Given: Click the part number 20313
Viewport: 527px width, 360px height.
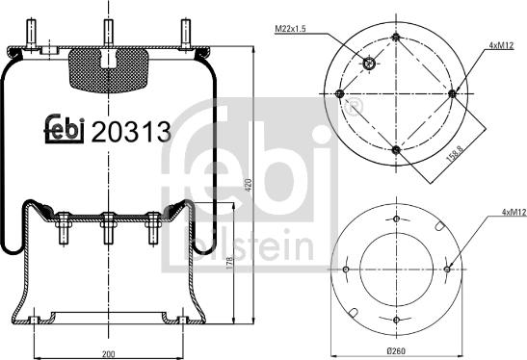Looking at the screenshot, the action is point(131,132).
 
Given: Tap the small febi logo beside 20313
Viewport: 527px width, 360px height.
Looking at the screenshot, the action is point(65,129).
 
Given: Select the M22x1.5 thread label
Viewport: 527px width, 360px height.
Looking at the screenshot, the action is point(290,29).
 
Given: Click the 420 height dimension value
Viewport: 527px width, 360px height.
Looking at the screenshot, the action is point(249,185).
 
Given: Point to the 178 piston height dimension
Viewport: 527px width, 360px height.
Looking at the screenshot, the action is point(229,263).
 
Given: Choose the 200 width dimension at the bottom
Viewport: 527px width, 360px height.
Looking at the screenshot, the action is point(108,354).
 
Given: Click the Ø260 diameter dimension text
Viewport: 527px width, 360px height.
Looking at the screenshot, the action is point(396,351).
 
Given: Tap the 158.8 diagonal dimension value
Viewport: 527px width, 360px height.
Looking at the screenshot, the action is point(455,154).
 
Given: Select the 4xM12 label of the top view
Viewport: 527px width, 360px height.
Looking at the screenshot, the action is point(501,45).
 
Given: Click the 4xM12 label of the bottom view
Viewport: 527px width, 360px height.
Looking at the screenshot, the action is point(514,212).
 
